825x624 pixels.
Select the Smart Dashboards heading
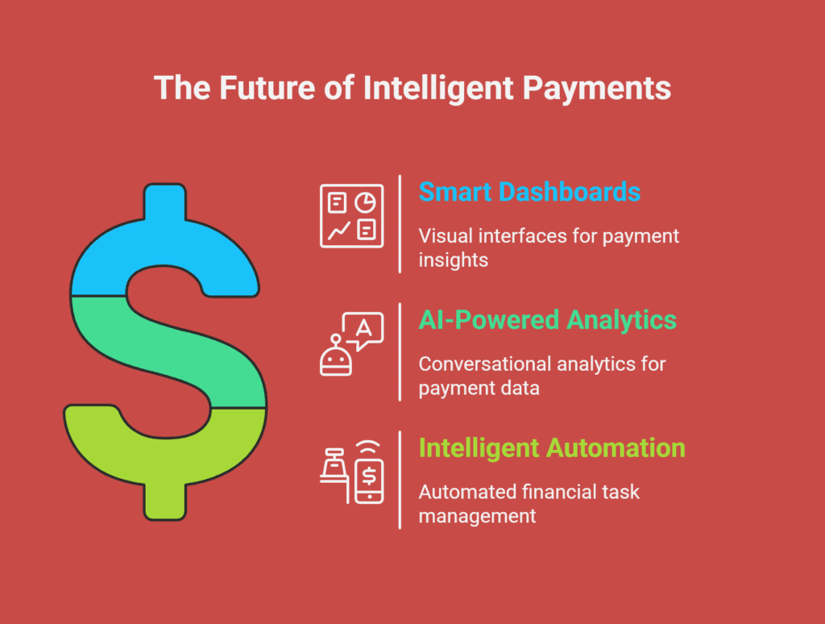(x=529, y=192)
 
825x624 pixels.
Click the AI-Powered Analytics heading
(x=548, y=320)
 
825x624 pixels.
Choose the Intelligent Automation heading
(x=552, y=448)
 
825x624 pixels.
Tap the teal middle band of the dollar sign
(x=168, y=352)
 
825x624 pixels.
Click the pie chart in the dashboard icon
(x=365, y=202)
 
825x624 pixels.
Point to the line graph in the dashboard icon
(x=339, y=231)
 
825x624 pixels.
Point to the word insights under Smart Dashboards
(x=453, y=260)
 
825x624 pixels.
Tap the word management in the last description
(x=477, y=517)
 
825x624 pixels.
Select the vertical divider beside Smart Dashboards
(x=400, y=224)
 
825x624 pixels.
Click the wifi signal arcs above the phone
(x=368, y=447)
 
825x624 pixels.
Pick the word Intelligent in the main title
(x=438, y=89)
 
